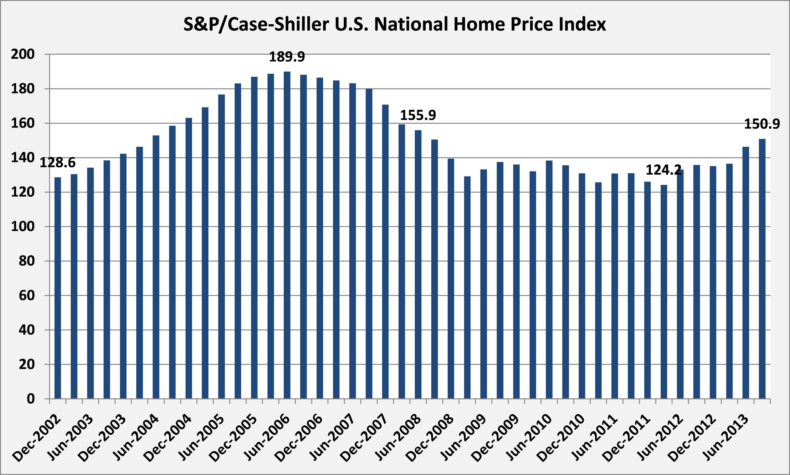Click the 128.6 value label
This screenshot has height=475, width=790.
(x=58, y=163)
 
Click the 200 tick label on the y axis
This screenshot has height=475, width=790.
(x=23, y=54)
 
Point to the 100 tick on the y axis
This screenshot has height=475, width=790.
(x=23, y=227)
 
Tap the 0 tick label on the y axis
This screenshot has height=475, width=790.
(x=31, y=399)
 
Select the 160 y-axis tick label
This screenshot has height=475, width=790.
(x=23, y=123)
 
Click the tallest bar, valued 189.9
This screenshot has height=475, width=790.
(x=287, y=235)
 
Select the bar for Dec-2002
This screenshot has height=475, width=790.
(x=58, y=288)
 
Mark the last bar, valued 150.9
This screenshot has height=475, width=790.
(x=762, y=269)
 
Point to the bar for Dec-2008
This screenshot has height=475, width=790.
(x=451, y=278)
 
